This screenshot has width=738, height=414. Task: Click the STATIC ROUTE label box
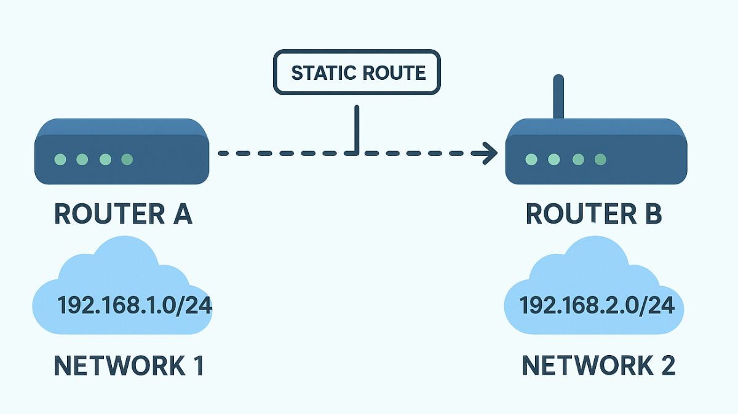[x=357, y=73]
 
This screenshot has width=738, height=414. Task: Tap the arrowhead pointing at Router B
[x=490, y=153]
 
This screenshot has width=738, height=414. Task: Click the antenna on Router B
[x=558, y=97]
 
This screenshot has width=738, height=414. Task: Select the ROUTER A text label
[x=123, y=214]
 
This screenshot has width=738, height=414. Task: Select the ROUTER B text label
[x=593, y=214]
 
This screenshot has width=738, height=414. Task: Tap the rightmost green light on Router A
[x=127, y=160]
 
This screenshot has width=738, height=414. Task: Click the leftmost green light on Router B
[x=532, y=160]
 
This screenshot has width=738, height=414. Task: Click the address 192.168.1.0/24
[x=135, y=305]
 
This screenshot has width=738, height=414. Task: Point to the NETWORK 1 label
[x=129, y=365]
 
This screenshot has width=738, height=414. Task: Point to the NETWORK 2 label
[x=598, y=365]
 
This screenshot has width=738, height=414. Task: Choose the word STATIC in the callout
[x=321, y=73]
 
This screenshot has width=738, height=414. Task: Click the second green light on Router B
[x=555, y=160]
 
